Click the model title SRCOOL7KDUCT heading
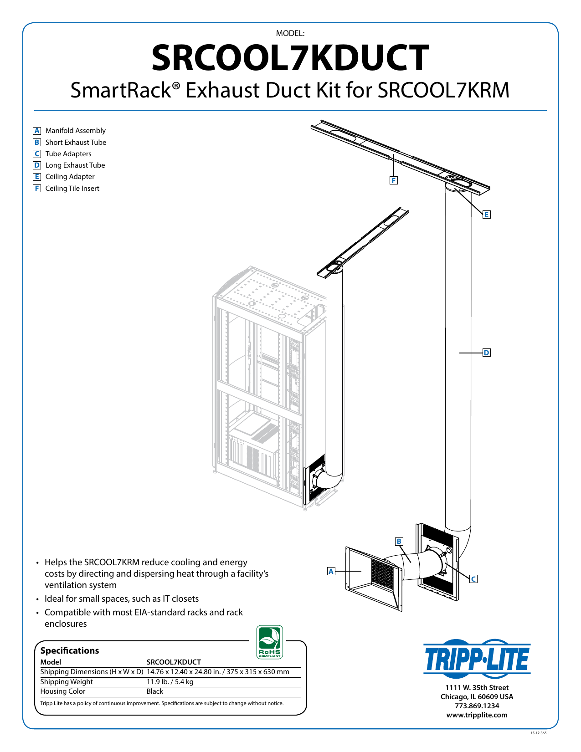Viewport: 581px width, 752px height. point(290,58)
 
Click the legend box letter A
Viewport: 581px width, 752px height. point(37,131)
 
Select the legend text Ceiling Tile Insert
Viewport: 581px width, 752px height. point(72,189)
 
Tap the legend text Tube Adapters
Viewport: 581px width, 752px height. point(68,154)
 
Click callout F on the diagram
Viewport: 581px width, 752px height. point(394,180)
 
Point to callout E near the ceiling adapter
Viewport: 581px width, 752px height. point(487,215)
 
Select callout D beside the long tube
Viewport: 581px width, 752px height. point(487,353)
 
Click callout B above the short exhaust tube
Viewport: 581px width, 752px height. point(399,541)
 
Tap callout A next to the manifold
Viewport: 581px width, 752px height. point(331,571)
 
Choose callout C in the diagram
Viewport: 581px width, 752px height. point(473,579)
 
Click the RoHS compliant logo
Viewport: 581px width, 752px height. point(270,642)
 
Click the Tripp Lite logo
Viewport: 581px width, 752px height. point(477,659)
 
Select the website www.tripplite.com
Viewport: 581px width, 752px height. point(477,715)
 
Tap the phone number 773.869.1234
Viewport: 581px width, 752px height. point(477,706)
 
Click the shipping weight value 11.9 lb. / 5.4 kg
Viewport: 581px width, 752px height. point(170,682)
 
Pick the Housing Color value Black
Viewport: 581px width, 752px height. point(155,691)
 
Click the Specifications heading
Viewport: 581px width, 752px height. point(70,650)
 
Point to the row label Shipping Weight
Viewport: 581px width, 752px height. point(67,682)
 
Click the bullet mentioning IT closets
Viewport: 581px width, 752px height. point(121,599)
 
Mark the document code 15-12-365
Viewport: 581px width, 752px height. point(539,733)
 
